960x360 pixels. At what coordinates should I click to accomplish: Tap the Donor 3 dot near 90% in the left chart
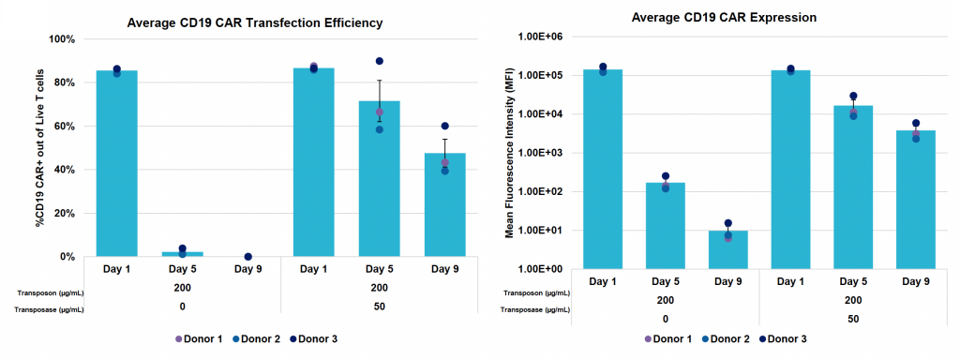coord(380,61)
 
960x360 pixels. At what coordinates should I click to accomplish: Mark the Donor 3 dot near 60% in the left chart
coord(445,126)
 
